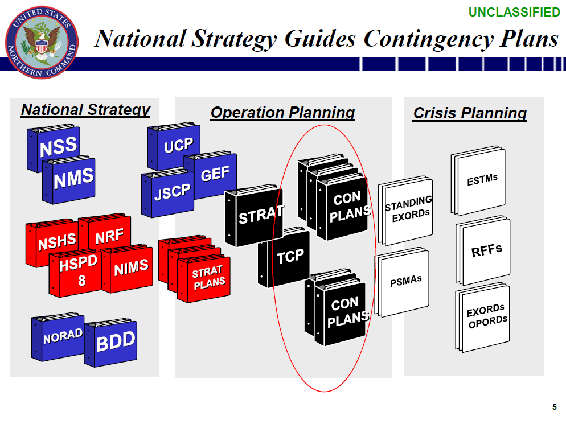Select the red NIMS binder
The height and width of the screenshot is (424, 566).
tap(130, 267)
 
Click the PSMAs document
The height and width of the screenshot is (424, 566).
tap(405, 282)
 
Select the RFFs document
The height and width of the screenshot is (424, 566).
tap(486, 250)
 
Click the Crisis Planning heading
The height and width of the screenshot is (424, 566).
tap(470, 113)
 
